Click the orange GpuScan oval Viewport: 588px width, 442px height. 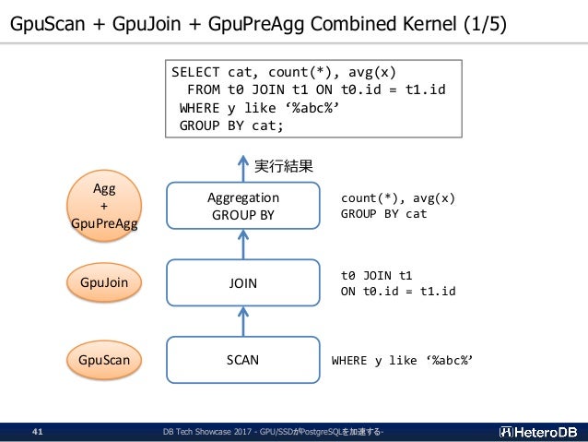coord(104,360)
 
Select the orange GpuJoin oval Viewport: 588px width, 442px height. coord(104,282)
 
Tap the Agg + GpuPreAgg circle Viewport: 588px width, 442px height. coord(104,206)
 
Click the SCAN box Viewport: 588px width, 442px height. coord(243,360)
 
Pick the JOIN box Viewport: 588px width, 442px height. coord(243,282)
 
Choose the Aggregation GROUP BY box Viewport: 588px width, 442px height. coord(243,206)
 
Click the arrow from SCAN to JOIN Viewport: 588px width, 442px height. coord(243,321)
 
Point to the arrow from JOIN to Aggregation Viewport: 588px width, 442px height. coord(243,245)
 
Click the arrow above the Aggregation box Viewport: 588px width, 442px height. coord(243,169)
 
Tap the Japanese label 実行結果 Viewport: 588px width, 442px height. coord(284,166)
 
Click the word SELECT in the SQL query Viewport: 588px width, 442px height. coord(195,72)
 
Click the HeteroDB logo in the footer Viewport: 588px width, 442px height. coord(538,432)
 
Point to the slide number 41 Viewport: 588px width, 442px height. coord(38,432)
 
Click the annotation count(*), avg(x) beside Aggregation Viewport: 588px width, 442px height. coord(398,197)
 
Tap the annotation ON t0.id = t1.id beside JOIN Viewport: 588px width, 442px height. coord(398,291)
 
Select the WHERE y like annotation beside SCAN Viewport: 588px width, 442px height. coord(402,361)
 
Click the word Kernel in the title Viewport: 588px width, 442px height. coord(429,24)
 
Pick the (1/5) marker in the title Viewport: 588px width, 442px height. coord(485,24)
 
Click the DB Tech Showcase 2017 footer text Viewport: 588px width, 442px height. coord(207,432)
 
